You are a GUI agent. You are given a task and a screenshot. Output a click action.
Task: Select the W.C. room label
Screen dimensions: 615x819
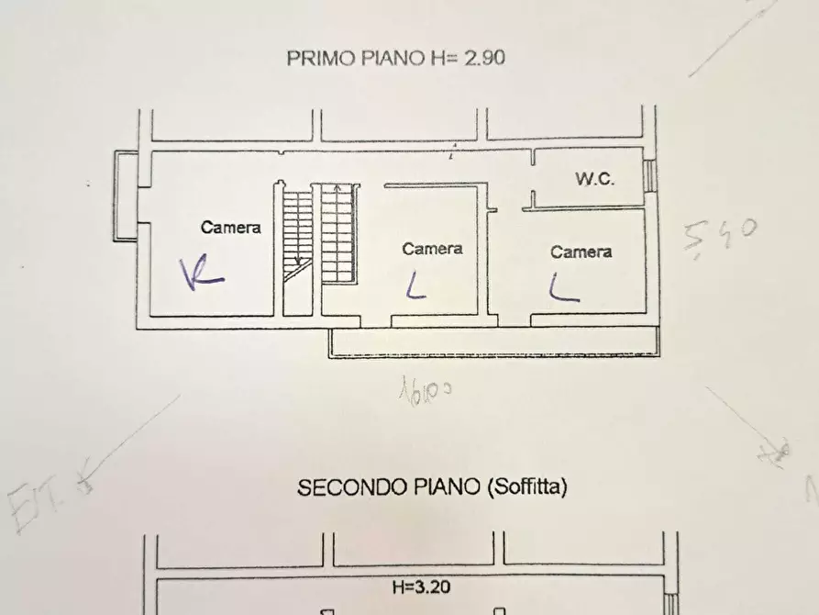(594, 180)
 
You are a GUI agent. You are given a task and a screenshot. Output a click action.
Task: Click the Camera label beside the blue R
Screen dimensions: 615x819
(231, 228)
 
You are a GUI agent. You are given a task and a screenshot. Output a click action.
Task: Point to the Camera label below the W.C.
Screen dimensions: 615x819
(581, 252)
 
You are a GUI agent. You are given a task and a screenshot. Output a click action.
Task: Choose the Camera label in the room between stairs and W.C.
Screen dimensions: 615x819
(432, 248)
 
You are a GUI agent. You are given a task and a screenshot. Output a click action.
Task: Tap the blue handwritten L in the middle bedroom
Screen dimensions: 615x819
(415, 289)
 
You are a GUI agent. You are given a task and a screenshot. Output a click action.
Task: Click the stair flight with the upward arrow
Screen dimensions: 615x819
(338, 234)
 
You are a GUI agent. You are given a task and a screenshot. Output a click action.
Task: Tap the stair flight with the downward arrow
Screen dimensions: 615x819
(296, 234)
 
